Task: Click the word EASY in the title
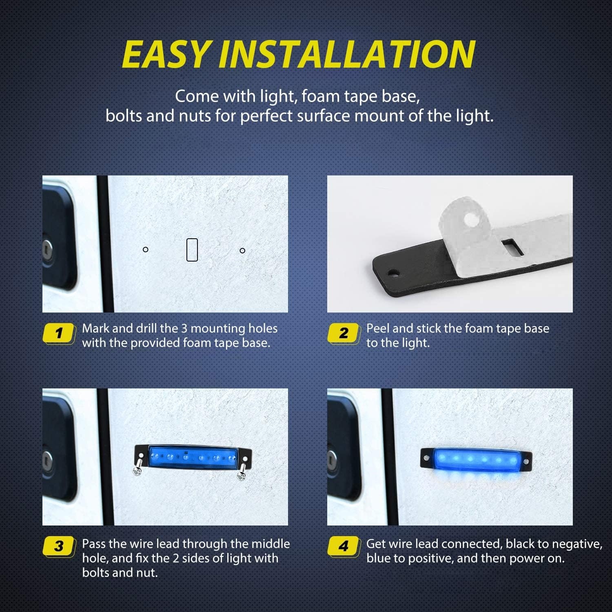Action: (166, 54)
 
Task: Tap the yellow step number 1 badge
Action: (60, 333)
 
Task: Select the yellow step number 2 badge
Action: (344, 333)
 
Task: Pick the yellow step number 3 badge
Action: (60, 546)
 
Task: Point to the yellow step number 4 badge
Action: (344, 546)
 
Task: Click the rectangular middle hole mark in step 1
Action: (192, 250)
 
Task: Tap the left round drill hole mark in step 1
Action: (145, 249)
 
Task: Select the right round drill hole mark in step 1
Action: (242, 251)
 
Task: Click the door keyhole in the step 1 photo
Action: (48, 248)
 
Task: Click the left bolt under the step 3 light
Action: (137, 469)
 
